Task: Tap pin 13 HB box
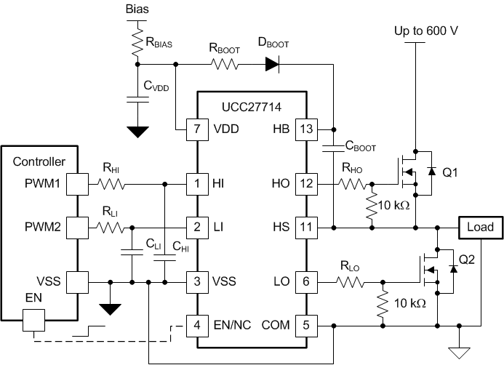point(306,129)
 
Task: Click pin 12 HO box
point(306,184)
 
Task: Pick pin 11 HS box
point(306,228)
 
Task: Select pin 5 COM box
point(306,324)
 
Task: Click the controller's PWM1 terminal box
point(76,184)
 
